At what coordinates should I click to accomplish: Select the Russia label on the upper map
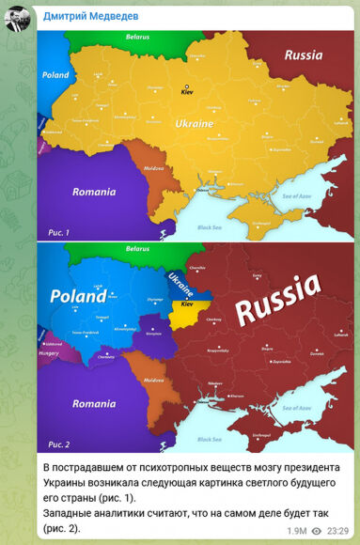pyautogui.click(x=304, y=54)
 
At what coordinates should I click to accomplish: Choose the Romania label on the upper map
pyautogui.click(x=93, y=191)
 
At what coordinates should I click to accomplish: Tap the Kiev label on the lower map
pyautogui.click(x=186, y=305)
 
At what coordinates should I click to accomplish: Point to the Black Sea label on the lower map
pyautogui.click(x=213, y=436)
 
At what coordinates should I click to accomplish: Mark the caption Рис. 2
pyautogui.click(x=57, y=444)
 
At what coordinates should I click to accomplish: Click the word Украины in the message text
pyautogui.click(x=72, y=482)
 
